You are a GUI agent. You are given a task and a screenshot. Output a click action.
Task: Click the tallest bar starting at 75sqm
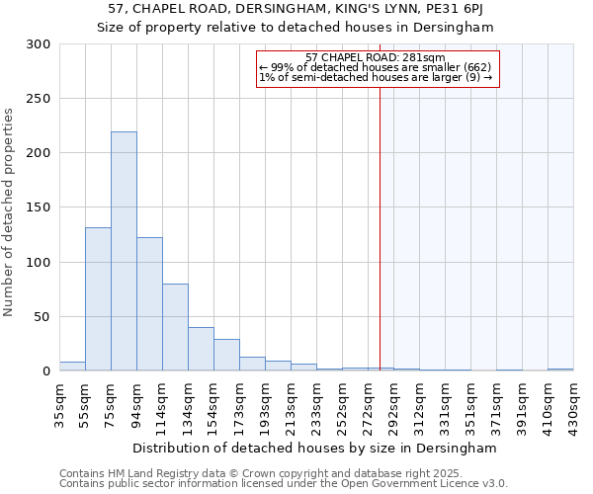(x=124, y=251)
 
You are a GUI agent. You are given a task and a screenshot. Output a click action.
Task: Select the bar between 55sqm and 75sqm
(x=98, y=299)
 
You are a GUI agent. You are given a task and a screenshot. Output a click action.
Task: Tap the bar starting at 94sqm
(x=149, y=304)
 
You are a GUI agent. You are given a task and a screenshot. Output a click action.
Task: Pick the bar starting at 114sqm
(x=175, y=327)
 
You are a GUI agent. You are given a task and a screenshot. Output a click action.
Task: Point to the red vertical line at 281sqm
(x=380, y=217)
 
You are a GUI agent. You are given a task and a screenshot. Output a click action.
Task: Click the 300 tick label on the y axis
(x=39, y=44)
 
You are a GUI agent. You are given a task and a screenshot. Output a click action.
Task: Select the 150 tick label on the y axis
(x=39, y=207)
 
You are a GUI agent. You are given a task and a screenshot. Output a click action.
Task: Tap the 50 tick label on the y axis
(x=42, y=317)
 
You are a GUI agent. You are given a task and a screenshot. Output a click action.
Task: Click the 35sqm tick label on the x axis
(x=59, y=405)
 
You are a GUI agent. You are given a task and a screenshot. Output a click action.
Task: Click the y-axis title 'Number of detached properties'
(x=10, y=212)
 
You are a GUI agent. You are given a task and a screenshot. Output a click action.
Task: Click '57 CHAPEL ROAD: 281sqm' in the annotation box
(x=376, y=57)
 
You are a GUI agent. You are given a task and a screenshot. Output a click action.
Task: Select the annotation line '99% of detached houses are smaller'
(x=376, y=67)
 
